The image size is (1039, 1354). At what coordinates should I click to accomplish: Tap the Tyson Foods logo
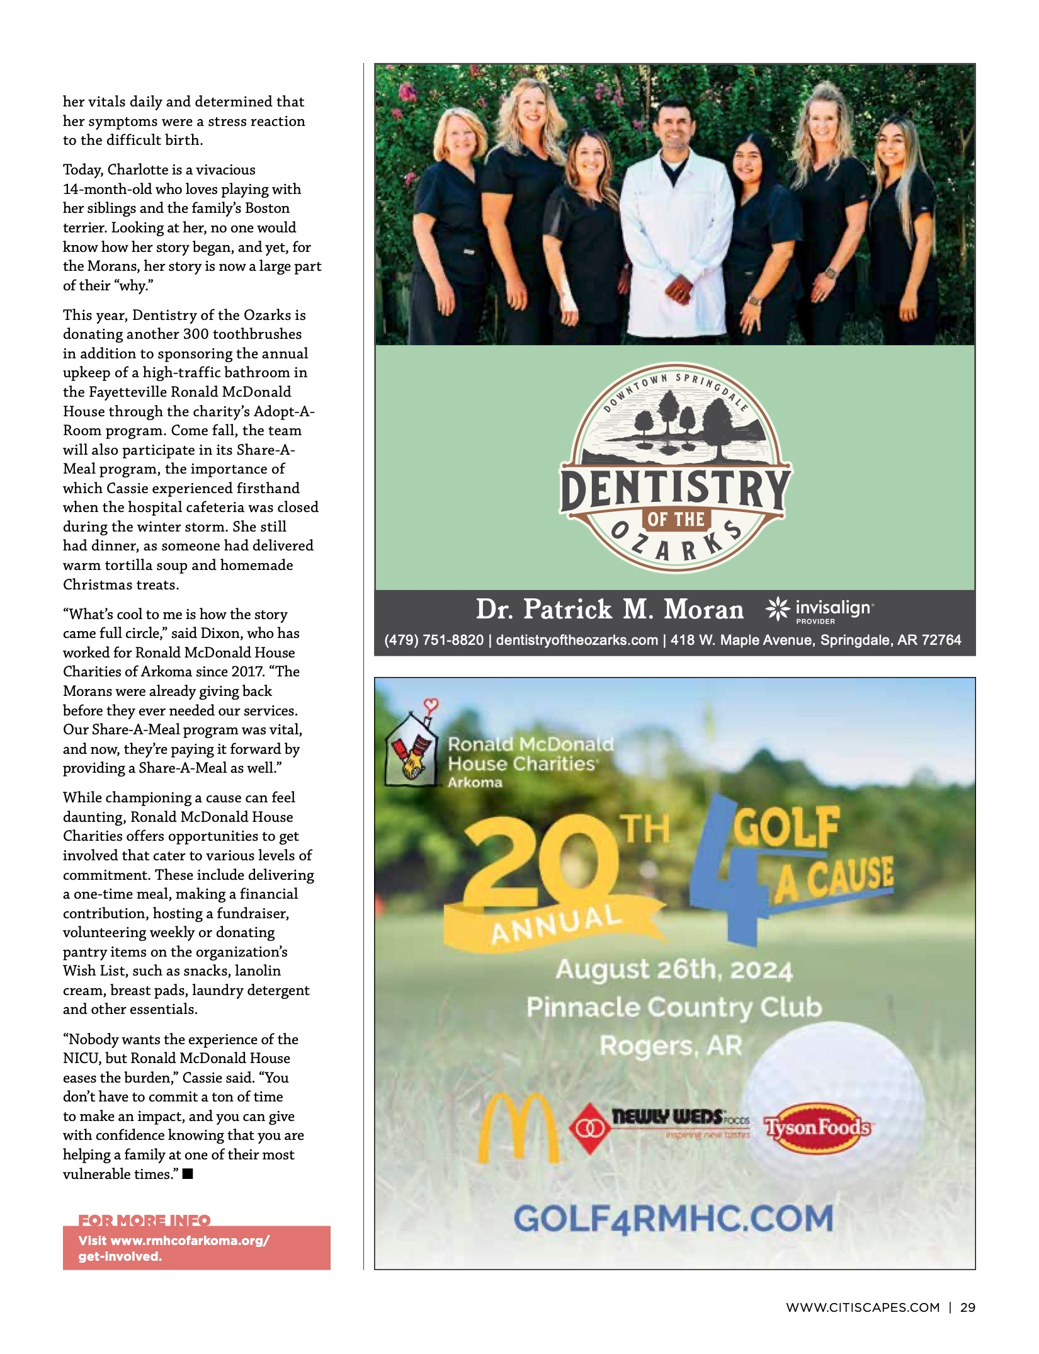tap(817, 1127)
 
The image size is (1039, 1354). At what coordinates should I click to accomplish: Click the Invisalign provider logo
tap(820, 610)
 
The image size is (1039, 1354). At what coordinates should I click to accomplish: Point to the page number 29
tap(967, 1307)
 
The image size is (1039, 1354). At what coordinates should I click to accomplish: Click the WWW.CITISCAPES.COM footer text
tap(862, 1307)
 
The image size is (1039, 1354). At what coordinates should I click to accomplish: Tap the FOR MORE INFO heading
tap(144, 1220)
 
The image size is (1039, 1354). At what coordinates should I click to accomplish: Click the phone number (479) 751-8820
tap(434, 640)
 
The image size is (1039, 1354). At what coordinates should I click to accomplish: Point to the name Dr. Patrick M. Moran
tap(610, 610)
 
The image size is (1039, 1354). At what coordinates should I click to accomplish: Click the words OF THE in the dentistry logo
tap(676, 520)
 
